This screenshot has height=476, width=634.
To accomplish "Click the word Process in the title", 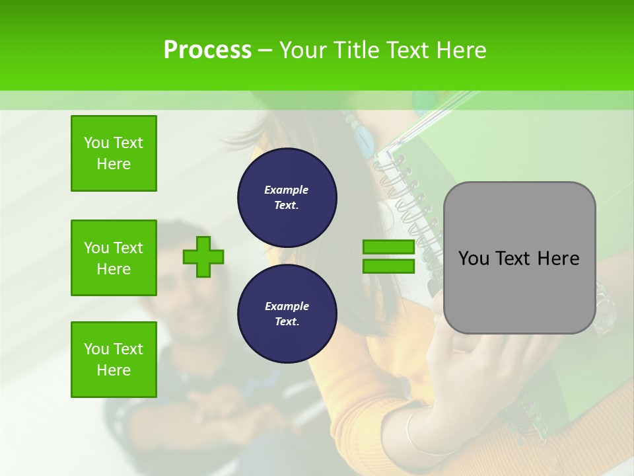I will point(207,50).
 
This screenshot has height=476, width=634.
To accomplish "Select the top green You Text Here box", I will point(114,153).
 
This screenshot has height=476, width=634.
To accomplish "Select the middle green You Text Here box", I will point(114,258).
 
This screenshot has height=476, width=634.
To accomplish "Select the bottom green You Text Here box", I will point(114,360).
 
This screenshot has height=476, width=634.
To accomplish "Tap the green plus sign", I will point(203,257).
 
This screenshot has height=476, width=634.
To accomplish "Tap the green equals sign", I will point(388,257).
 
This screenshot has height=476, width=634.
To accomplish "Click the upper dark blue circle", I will point(287,198).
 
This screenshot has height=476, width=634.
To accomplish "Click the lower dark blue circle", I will point(287,314).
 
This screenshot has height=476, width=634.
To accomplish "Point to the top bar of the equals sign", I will point(388,247).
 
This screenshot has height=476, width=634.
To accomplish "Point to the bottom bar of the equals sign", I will point(388,266).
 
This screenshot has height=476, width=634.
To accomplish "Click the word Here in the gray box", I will point(558,258).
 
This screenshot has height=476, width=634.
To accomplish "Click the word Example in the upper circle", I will point(287,190).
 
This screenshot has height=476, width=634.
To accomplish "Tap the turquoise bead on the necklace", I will point(363,139).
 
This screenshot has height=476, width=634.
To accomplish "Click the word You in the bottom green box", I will point(96,349).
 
